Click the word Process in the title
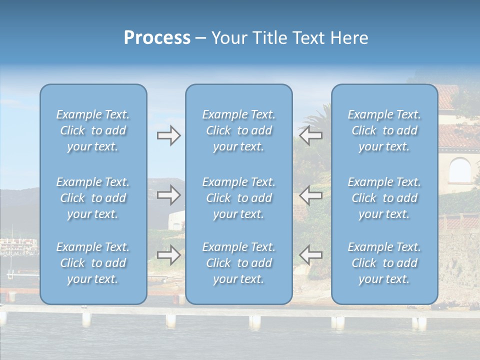[x=157, y=38]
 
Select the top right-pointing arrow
[x=169, y=135]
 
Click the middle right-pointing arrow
[x=169, y=195]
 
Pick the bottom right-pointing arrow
[x=169, y=255]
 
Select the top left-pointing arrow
[x=310, y=135]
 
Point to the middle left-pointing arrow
[x=310, y=195]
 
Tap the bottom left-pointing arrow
[x=310, y=255]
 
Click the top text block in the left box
[x=93, y=130]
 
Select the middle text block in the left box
[x=93, y=198]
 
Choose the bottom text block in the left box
[x=93, y=263]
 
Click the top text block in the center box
[x=239, y=130]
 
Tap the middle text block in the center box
[x=239, y=198]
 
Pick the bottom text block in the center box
[x=239, y=263]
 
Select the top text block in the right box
[x=384, y=130]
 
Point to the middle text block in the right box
[x=384, y=198]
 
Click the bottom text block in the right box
[x=384, y=263]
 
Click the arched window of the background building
[x=459, y=171]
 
